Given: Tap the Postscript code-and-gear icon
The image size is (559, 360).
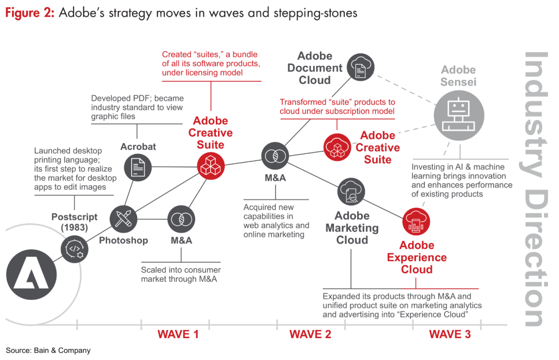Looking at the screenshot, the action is tap(75, 249).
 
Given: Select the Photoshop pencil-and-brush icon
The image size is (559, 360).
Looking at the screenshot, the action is tap(124, 219).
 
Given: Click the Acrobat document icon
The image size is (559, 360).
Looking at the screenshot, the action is tap(138, 167).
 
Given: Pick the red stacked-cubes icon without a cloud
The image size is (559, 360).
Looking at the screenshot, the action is tap(211, 166).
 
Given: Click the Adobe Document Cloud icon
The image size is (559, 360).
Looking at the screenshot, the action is tap(360, 66).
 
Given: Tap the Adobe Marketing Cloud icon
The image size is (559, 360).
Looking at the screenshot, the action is tap(351, 192).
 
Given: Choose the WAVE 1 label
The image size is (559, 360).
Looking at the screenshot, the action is tap(178, 334).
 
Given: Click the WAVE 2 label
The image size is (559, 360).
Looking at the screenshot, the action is tap(310, 334).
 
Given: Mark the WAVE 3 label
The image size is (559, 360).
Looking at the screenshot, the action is tap(450, 334).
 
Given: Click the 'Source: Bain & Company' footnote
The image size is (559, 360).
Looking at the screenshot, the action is tap(48, 351).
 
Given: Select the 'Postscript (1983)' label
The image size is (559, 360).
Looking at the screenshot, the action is tap(75, 222).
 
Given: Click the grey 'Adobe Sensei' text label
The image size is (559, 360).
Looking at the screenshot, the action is tap(458, 76).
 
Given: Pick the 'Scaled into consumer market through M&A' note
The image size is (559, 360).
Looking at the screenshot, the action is tap(181, 275).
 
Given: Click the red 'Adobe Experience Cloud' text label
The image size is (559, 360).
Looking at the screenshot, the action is tap(417, 257).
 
